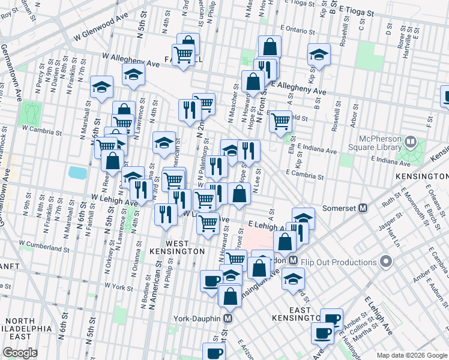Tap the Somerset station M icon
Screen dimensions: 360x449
[363, 208]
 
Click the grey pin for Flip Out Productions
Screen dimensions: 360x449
[387, 262]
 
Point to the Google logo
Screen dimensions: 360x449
[20, 353]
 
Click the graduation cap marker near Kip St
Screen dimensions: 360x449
[319, 55]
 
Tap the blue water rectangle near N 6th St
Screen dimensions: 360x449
[77, 173]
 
